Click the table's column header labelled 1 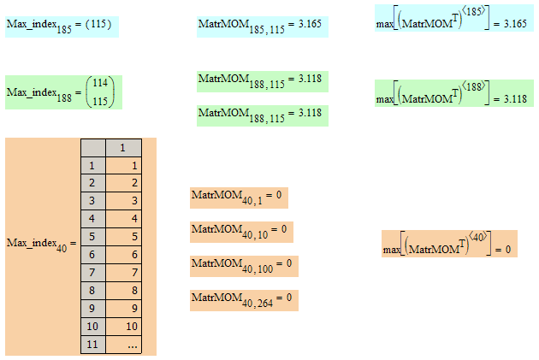pos(122,147)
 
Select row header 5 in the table pos(92,236)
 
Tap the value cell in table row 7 pos(122,272)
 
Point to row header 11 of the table pos(92,344)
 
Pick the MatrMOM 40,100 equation pos(243,264)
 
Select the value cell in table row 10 pos(122,326)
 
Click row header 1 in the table pos(92,164)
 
